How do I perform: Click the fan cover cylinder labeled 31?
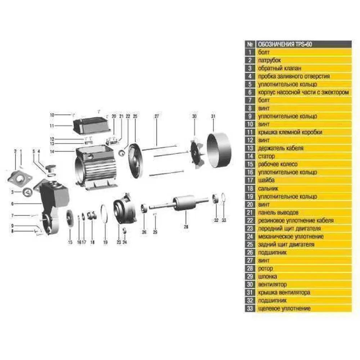point(219,150)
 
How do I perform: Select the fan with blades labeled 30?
point(196,153)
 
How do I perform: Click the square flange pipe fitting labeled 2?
point(19,179)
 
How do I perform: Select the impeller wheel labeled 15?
point(70,219)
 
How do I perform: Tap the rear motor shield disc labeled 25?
point(135,161)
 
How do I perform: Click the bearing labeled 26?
point(144,208)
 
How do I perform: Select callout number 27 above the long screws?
point(157,116)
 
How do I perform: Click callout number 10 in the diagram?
point(52,115)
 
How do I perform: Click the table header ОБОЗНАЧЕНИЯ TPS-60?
point(285,44)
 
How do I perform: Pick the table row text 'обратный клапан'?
point(279,68)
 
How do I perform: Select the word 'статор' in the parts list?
point(266,156)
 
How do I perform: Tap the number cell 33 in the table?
point(250,309)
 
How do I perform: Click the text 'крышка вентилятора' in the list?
point(284,292)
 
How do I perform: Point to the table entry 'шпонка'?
point(267,276)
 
